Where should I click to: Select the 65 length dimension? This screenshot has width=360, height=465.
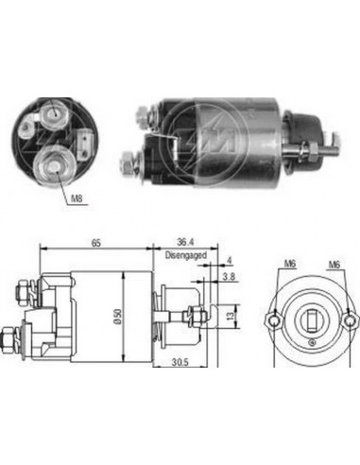click(96, 245)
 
